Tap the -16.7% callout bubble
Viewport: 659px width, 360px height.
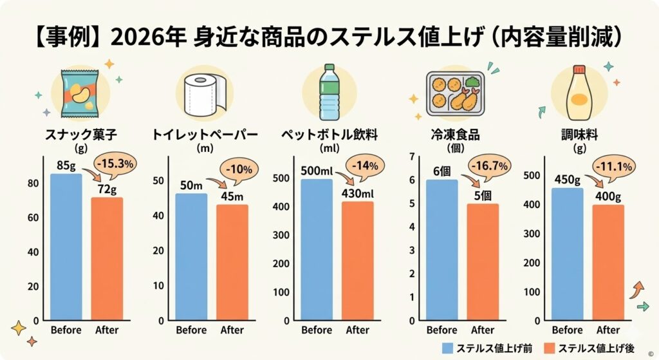pos(490,166)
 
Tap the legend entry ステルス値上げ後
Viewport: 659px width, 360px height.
pos(593,348)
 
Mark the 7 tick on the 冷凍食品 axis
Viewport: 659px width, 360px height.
pos(413,157)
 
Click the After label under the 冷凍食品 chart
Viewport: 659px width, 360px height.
pos(483,330)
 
